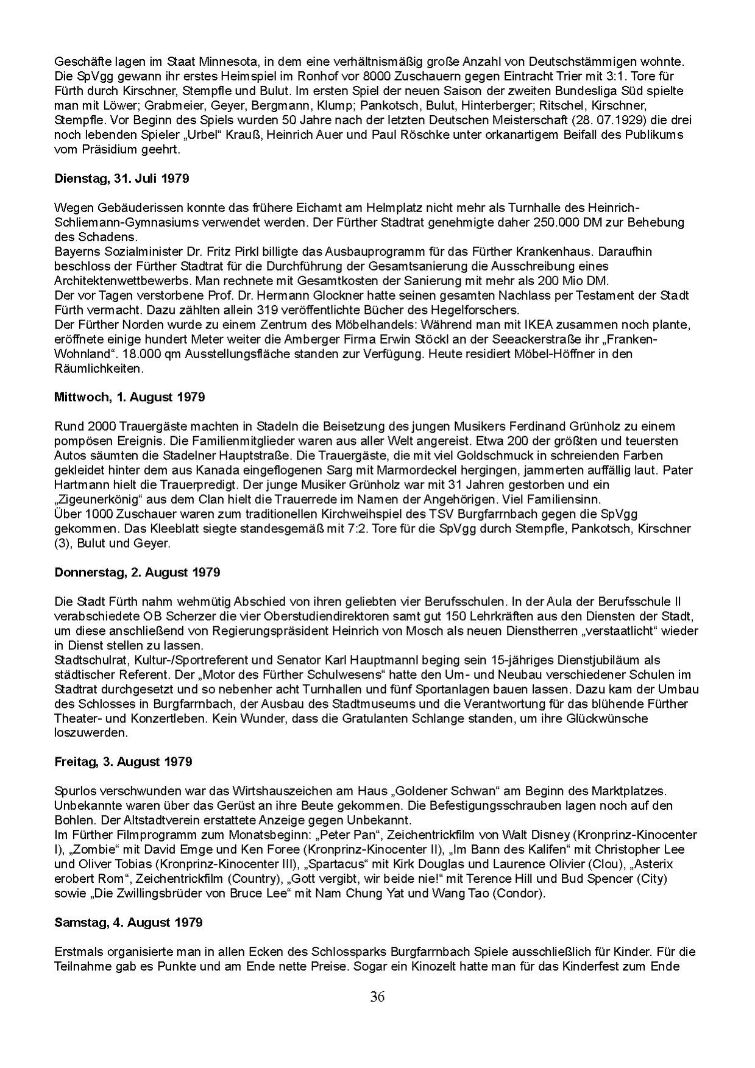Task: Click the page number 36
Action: [377, 997]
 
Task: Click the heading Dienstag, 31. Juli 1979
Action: [121, 179]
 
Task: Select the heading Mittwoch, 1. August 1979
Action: [129, 397]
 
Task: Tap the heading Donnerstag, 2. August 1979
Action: [137, 572]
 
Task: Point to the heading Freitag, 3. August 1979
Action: [123, 762]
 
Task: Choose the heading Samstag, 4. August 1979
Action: [128, 922]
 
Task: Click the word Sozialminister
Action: [136, 251]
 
